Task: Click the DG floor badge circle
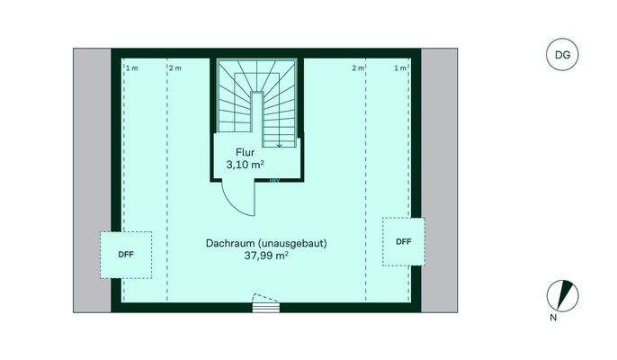pyautogui.click(x=562, y=55)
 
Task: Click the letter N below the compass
pyautogui.click(x=554, y=316)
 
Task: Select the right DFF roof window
pyautogui.click(x=403, y=241)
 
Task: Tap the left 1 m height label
pyautogui.click(x=131, y=68)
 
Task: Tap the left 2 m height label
pyautogui.click(x=174, y=68)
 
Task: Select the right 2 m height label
pyautogui.click(x=358, y=68)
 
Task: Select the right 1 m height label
pyautogui.click(x=400, y=68)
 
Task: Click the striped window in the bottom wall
pyautogui.click(x=264, y=306)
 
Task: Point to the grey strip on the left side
pyautogui.click(x=91, y=180)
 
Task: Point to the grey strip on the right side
pyautogui.click(x=440, y=180)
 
